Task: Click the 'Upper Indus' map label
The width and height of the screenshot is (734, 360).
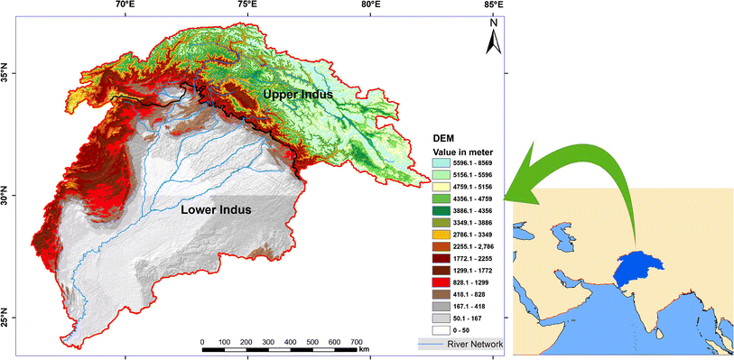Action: pyautogui.click(x=298, y=94)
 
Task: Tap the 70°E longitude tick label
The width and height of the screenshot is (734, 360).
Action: pyautogui.click(x=125, y=5)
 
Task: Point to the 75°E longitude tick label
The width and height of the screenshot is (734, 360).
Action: pyautogui.click(x=247, y=5)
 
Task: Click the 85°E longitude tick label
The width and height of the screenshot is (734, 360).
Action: pyautogui.click(x=493, y=5)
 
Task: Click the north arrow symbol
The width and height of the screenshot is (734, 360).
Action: pyautogui.click(x=494, y=41)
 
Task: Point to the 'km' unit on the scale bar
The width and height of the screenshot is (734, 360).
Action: pyautogui.click(x=364, y=349)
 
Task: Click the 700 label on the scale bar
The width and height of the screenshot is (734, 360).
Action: pyautogui.click(x=356, y=342)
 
